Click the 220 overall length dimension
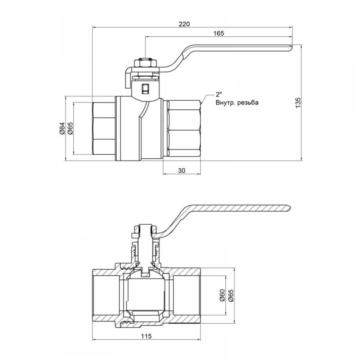[184, 24]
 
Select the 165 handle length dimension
[219, 33]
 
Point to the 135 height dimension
[298, 103]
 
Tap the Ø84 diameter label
[62, 128]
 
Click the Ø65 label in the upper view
[70, 128]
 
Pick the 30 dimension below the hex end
[181, 171]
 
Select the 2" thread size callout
[219, 95]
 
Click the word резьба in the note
[248, 103]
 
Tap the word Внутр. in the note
[225, 102]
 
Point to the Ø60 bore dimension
[222, 295]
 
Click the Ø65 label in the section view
[231, 295]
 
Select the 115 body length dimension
[146, 336]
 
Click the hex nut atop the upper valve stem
[145, 63]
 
